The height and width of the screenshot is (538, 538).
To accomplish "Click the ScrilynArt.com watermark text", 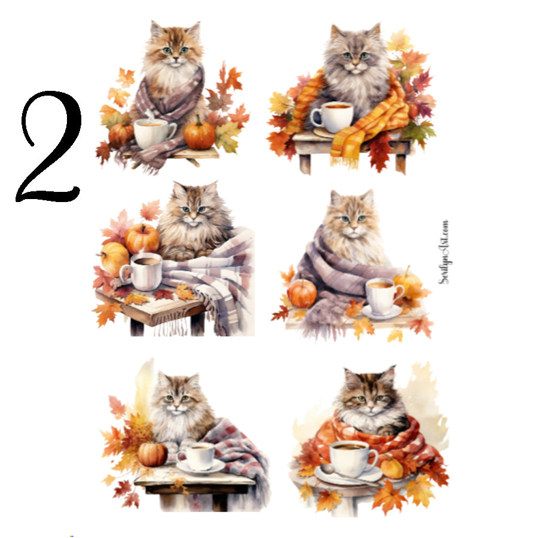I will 444,251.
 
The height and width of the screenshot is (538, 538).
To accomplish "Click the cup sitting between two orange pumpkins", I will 152,133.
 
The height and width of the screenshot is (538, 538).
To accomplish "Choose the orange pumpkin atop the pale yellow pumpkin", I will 142,238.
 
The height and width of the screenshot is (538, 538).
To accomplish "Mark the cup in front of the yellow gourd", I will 383,294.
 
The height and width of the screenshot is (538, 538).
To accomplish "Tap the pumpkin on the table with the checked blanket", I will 152,454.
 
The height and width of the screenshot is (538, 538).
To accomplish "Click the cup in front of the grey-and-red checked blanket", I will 199,457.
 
